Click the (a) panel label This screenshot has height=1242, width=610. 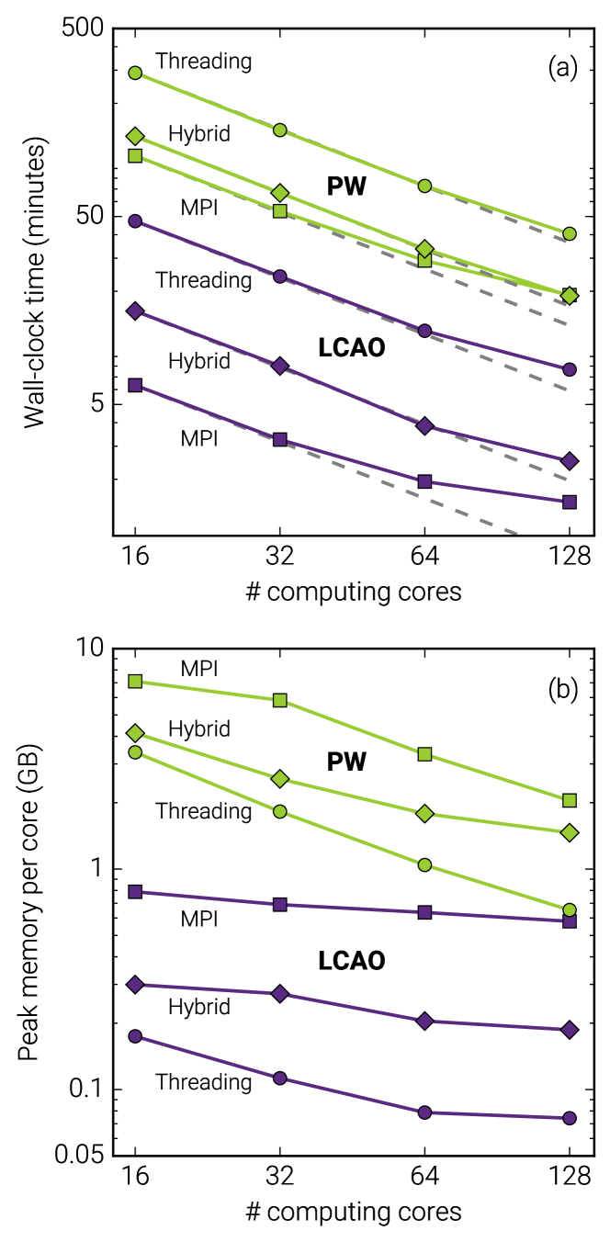point(562,68)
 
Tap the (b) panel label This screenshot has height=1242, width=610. point(562,689)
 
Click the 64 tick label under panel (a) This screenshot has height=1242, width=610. point(424,557)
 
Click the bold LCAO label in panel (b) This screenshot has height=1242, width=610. point(351,962)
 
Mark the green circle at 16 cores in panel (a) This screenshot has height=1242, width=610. point(135,73)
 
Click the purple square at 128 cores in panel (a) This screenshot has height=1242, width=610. point(569,502)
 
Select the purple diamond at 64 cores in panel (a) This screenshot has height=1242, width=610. point(424,426)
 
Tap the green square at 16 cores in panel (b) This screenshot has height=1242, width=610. point(135,681)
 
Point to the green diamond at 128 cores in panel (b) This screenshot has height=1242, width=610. point(569,832)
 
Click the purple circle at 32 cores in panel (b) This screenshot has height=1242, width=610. point(280,1078)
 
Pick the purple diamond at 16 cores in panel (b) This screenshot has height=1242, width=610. point(135,984)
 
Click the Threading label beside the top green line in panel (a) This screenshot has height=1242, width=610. point(204,62)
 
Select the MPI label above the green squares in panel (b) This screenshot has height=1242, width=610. point(199,669)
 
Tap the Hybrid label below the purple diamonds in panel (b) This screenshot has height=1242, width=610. point(199,1007)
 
